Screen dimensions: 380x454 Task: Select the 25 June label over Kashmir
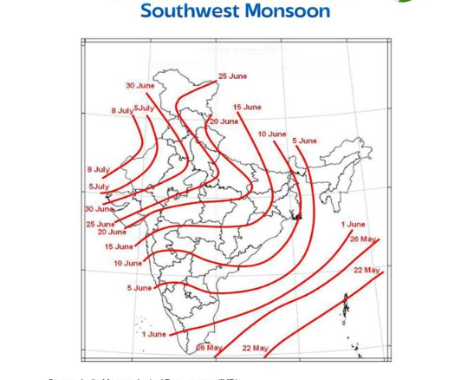(232, 76)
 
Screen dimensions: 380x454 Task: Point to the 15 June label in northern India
(247, 108)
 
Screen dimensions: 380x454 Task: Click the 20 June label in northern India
(224, 121)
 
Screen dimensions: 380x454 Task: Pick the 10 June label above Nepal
(271, 134)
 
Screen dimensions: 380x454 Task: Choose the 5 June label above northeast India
(304, 141)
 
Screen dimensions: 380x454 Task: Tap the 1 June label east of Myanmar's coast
(353, 225)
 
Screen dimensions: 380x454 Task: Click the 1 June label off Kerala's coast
(154, 334)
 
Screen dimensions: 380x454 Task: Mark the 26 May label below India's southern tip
(209, 348)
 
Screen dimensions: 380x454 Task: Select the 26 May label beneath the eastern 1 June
(363, 239)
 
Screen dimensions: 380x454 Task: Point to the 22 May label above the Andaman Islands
(366, 271)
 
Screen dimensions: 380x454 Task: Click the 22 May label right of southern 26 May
(255, 349)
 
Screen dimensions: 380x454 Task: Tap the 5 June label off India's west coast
(139, 288)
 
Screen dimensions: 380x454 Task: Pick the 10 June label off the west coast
(127, 264)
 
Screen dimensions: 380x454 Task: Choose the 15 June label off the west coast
(119, 247)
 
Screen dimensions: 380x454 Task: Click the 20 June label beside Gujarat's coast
(112, 233)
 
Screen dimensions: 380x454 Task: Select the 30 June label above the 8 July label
(139, 86)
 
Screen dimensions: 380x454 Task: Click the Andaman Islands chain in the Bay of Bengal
(346, 305)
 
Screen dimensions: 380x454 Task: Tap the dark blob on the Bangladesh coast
(297, 214)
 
